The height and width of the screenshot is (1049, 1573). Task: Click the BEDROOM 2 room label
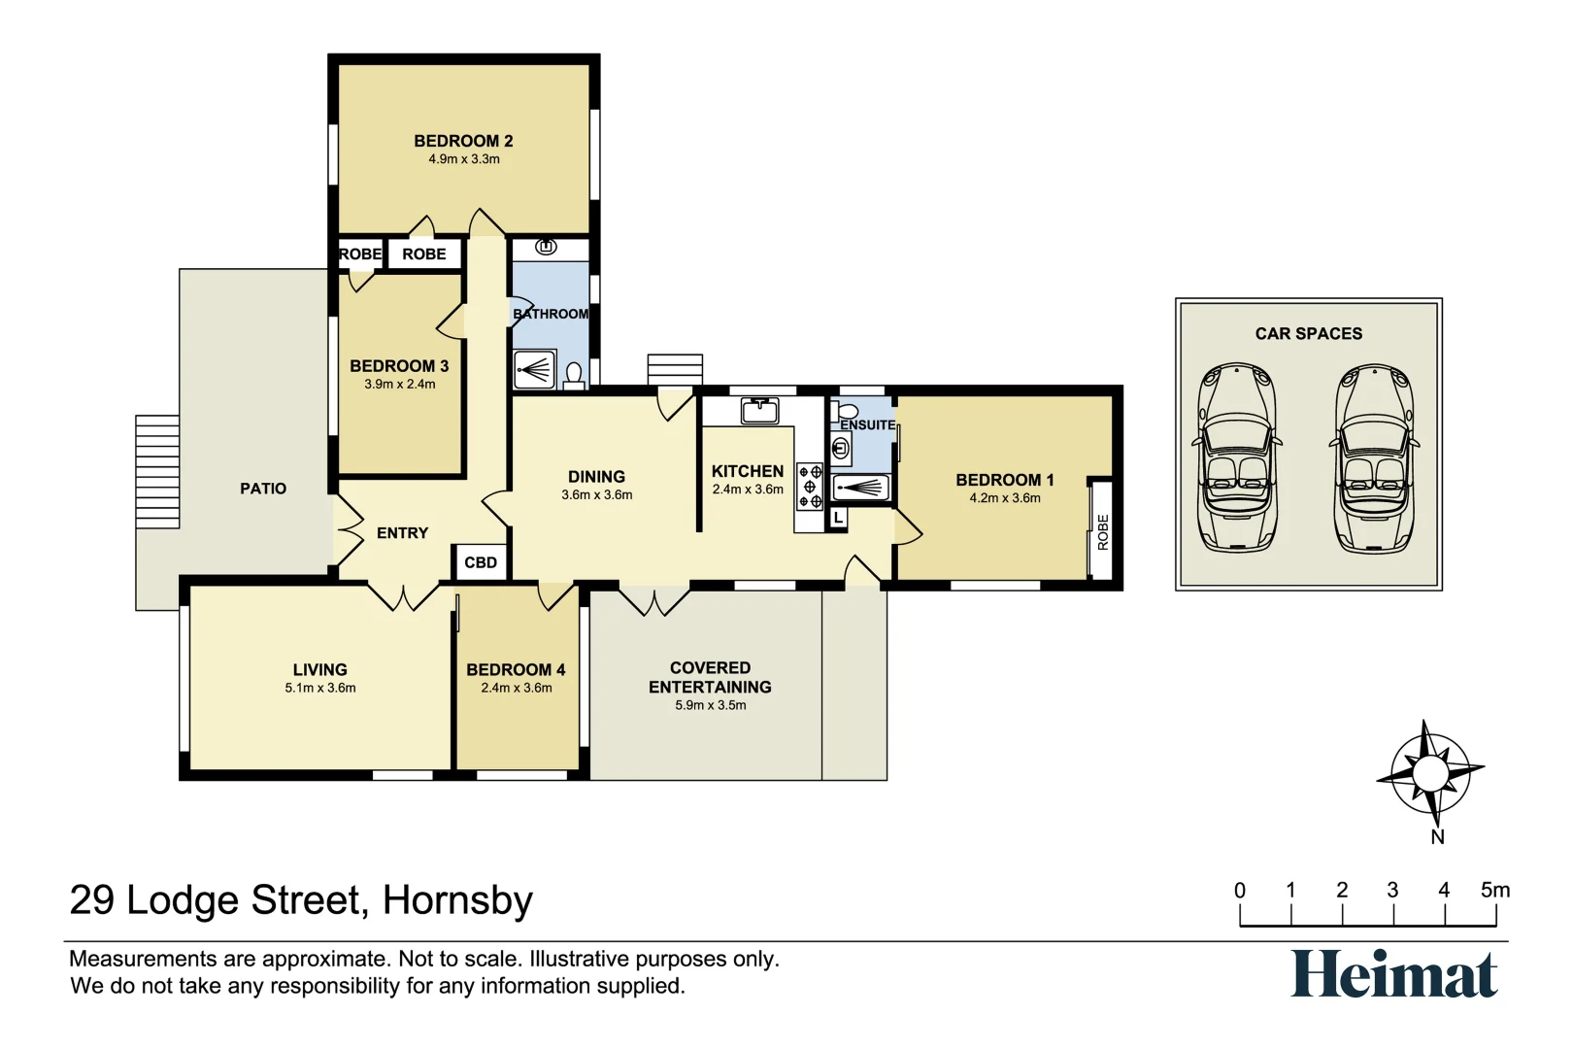(463, 141)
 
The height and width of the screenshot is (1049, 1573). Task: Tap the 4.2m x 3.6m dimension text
(1004, 498)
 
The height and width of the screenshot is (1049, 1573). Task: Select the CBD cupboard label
(481, 562)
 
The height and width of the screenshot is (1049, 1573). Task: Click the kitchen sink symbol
(759, 411)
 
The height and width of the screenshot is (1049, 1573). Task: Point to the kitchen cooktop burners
(810, 487)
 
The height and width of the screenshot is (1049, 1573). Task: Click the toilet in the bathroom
(574, 374)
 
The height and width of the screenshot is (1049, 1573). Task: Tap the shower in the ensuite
(860, 488)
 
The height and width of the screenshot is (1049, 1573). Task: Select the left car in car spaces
(1237, 458)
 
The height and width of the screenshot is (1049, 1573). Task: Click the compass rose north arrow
(1429, 774)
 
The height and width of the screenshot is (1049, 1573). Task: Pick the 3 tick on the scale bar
(1393, 913)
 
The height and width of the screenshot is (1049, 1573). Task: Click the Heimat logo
(1393, 974)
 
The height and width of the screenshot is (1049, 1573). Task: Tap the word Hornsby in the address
(457, 900)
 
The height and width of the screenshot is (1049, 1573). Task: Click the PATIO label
(263, 489)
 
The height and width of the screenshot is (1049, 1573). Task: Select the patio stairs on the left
(157, 472)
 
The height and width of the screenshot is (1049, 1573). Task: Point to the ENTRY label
(402, 533)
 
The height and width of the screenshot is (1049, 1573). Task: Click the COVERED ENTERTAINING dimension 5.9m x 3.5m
(711, 705)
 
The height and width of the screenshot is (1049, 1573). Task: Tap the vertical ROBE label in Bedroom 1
(1102, 532)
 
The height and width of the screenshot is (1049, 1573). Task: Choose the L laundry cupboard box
(838, 519)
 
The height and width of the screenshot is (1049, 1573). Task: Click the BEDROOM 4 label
(516, 670)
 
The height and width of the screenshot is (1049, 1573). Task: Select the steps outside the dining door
(675, 369)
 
